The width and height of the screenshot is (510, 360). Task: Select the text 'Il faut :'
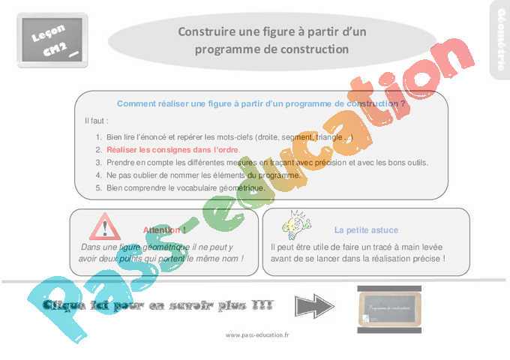97,121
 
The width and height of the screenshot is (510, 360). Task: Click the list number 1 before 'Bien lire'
98,137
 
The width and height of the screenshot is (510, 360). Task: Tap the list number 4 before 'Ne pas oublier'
98,175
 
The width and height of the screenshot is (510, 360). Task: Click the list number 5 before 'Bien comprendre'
98,187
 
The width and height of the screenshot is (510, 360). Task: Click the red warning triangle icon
104,226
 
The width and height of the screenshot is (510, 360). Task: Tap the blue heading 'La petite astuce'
366,230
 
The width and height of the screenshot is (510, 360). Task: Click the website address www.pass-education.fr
256,335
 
